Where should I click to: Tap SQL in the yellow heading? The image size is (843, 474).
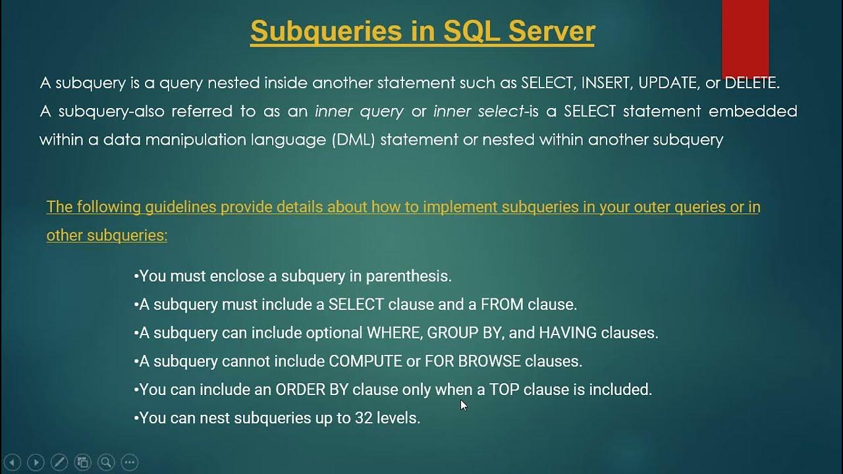(464, 31)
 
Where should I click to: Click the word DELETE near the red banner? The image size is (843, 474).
(750, 83)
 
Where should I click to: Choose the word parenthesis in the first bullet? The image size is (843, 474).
(408, 276)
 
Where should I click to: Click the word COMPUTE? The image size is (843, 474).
(366, 361)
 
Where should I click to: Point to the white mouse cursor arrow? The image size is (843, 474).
(464, 405)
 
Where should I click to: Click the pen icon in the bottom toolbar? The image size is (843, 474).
(59, 462)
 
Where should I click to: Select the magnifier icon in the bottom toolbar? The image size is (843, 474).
(106, 462)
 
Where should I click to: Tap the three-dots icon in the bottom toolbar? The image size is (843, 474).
(130, 462)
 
